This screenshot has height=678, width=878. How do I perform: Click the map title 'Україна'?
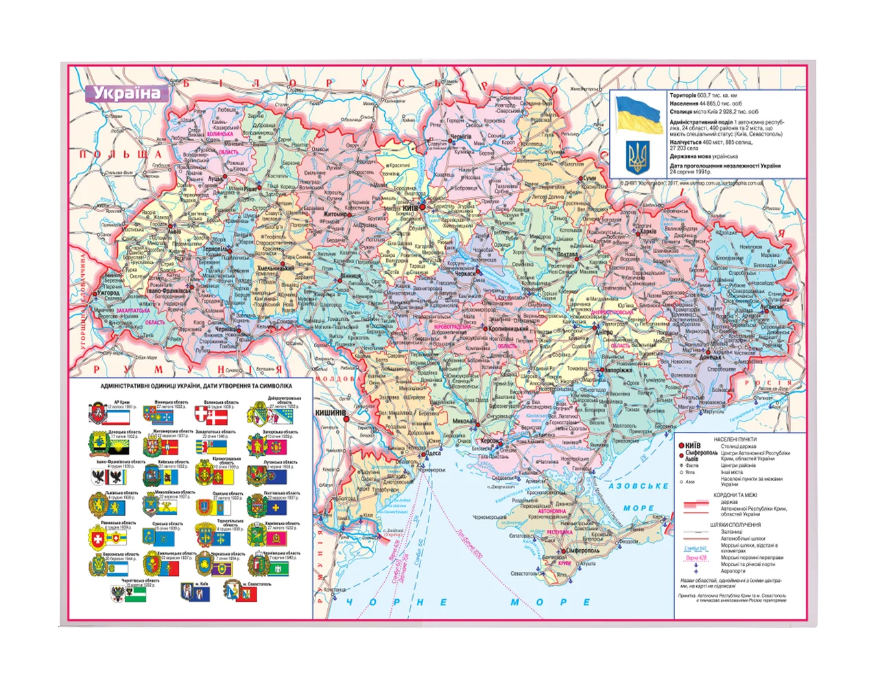click(x=126, y=93)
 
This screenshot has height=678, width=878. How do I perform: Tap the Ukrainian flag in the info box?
click(x=639, y=114)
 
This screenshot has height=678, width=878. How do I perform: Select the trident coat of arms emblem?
click(x=639, y=157)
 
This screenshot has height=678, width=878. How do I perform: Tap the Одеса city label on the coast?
click(x=433, y=452)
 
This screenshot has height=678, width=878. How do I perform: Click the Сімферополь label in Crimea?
click(x=582, y=550)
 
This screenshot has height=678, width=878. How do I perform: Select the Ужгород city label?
click(x=108, y=293)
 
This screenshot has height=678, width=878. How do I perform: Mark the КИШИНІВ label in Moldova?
click(x=330, y=413)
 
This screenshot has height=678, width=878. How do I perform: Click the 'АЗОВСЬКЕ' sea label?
click(x=638, y=486)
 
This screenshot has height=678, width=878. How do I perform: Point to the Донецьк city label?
click(x=711, y=357)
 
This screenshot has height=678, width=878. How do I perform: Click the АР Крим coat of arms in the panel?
click(x=97, y=413)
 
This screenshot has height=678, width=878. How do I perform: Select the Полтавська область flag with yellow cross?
click(x=276, y=507)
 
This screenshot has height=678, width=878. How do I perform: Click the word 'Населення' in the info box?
click(x=683, y=104)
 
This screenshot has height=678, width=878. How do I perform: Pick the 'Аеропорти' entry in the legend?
click(x=733, y=571)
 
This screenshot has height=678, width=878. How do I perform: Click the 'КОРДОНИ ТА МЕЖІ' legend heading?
click(x=735, y=495)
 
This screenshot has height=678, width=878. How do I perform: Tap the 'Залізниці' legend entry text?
click(x=731, y=532)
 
